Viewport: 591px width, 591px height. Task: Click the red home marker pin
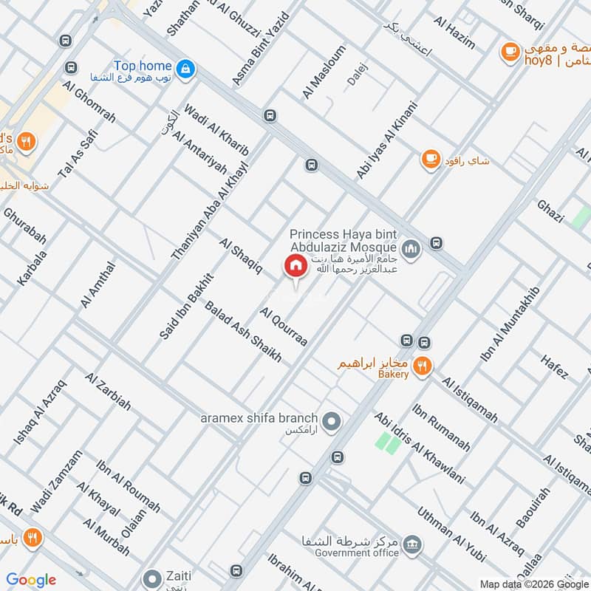click(295, 265)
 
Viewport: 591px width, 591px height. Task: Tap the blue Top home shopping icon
click(187, 69)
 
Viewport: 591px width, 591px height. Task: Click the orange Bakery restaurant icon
click(423, 365)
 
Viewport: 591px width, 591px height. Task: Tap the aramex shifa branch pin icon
click(332, 422)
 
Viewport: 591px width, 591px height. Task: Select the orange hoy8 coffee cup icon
click(509, 50)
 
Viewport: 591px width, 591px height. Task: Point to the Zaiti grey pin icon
click(152, 577)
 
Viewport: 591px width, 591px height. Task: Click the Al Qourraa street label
click(284, 327)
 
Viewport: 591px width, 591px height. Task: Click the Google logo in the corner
click(31, 580)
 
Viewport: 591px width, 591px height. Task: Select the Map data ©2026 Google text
click(534, 583)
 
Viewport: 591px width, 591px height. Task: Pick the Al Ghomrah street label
click(90, 106)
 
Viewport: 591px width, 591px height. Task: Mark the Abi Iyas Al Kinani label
click(387, 140)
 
